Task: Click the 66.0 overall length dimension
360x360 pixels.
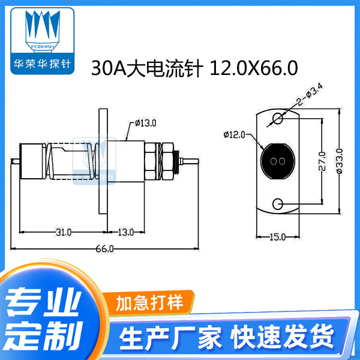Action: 104,248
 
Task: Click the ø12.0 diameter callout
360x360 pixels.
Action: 233,134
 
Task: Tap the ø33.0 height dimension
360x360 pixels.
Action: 339,161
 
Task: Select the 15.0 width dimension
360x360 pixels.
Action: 277,238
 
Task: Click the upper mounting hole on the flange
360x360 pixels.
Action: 277,118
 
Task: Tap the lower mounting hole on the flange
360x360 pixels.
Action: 277,205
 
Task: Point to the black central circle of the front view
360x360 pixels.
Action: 277,161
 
